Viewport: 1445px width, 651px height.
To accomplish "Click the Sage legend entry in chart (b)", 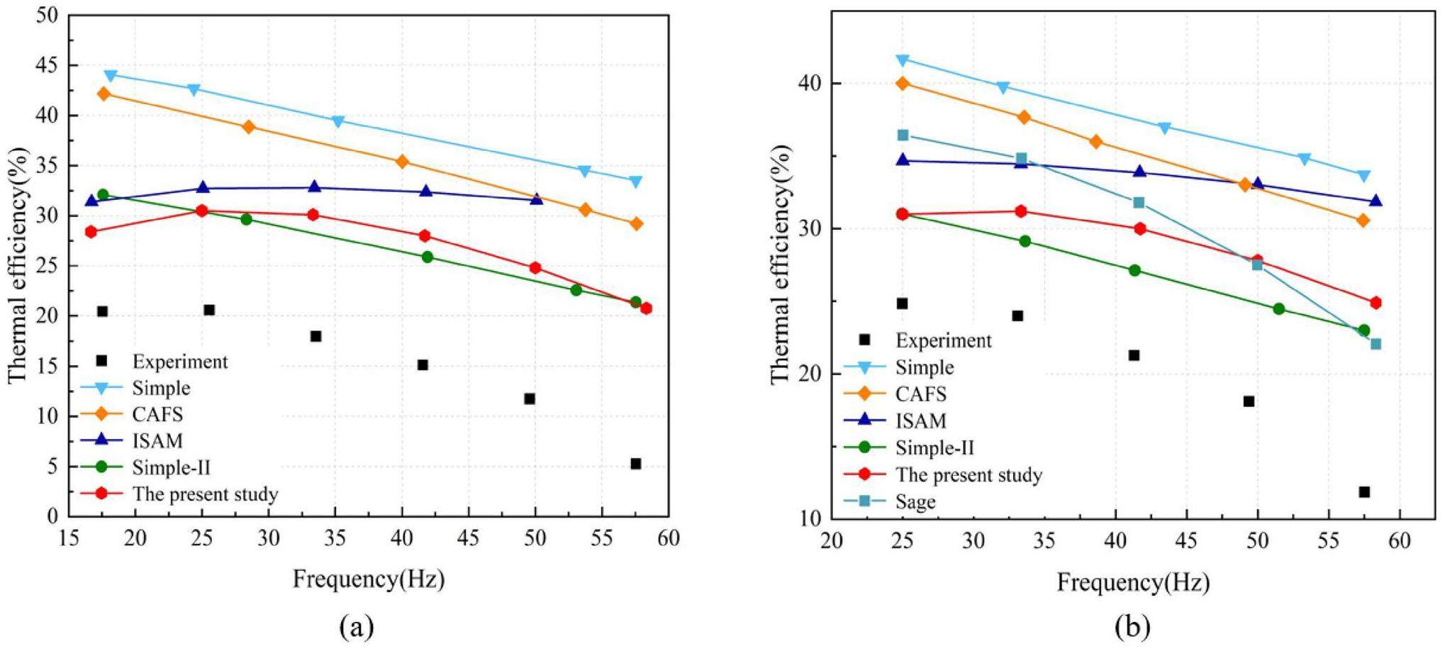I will click(915, 501).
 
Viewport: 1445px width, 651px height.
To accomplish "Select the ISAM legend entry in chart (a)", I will click(157, 440).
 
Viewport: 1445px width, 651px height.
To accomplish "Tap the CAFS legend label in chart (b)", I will click(920, 394).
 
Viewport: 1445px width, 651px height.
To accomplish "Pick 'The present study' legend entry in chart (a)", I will click(205, 494).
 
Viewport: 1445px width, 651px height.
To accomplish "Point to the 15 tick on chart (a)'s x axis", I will click(69, 538).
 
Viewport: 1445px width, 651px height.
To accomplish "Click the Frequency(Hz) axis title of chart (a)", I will click(369, 579).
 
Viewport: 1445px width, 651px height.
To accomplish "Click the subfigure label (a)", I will click(357, 626).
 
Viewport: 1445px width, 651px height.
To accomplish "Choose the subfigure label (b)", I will click(1132, 626).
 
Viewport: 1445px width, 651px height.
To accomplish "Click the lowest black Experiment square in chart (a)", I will click(636, 464).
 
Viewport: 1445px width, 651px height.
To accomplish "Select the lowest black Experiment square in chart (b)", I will click(1364, 491).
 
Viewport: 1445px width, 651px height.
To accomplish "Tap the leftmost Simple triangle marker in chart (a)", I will click(111, 75).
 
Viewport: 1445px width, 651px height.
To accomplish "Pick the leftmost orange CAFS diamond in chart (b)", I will click(903, 83).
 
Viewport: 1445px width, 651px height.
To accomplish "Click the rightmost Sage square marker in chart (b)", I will click(1376, 344).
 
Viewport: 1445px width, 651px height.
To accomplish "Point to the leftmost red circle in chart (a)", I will click(91, 231).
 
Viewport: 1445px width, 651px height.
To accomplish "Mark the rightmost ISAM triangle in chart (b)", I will click(1376, 201).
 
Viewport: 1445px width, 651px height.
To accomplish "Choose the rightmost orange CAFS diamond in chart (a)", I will click(637, 223).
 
